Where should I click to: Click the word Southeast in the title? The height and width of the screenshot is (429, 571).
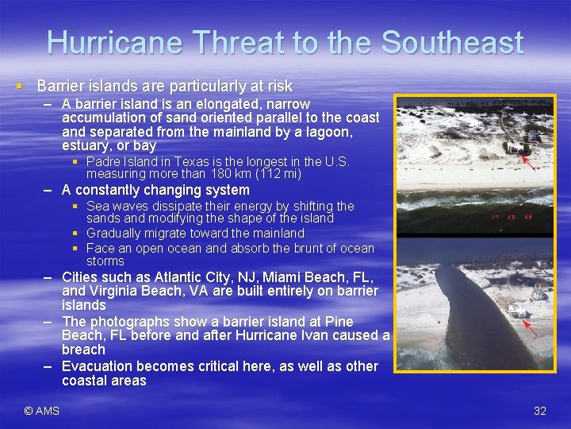452,42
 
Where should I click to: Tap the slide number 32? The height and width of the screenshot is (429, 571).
540,411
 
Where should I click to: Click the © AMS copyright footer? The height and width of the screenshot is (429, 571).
42,411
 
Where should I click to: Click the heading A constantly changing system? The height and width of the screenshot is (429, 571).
155,190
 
